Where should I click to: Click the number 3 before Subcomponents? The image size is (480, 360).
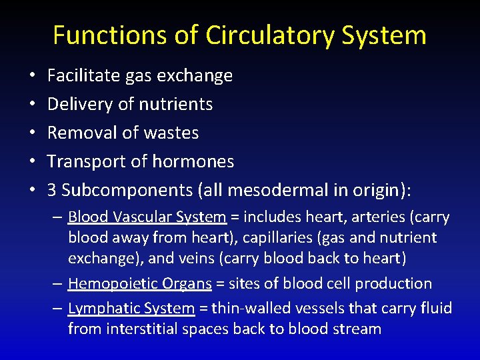click(x=51, y=190)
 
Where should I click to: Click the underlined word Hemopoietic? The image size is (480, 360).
click(x=107, y=283)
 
